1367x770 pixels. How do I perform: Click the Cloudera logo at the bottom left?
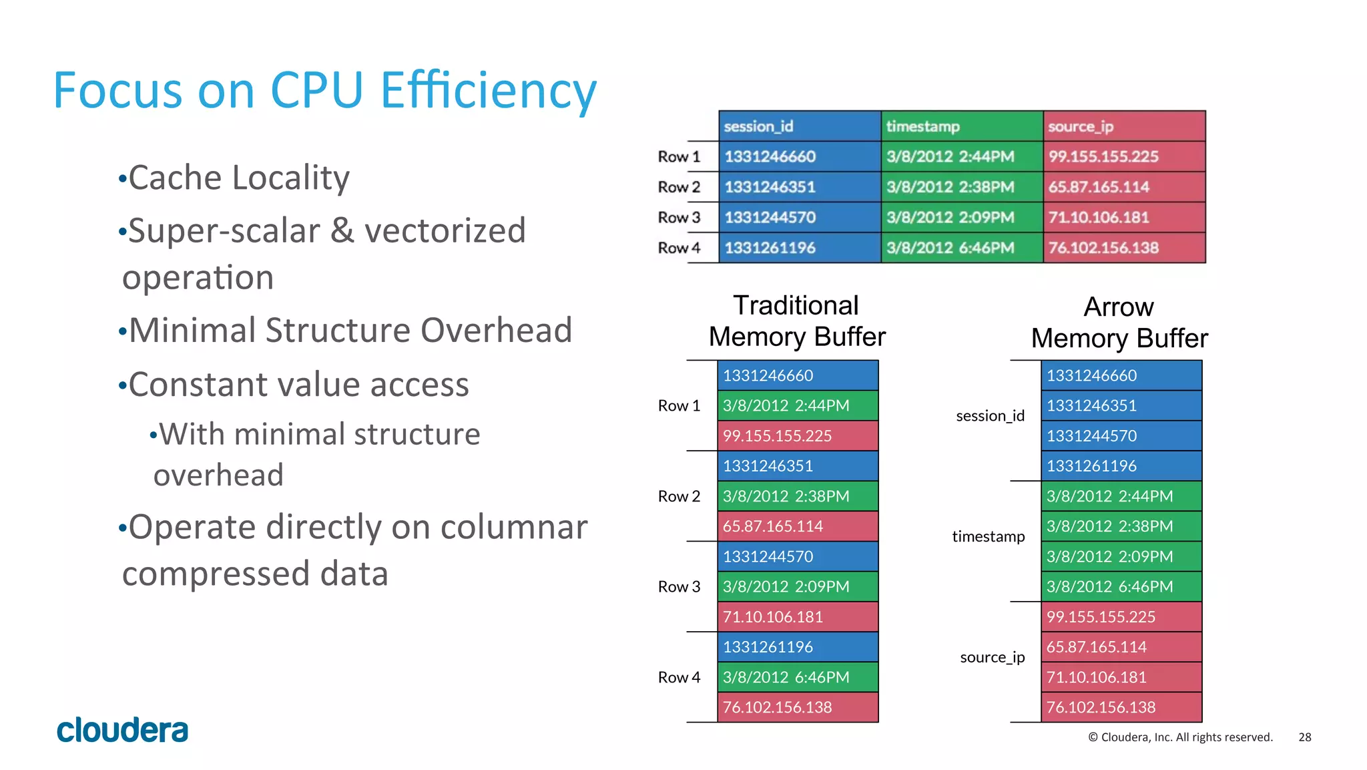(122, 730)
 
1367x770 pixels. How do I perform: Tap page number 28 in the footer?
(1304, 737)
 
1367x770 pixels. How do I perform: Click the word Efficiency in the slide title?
(488, 90)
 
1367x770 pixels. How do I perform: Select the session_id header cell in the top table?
(799, 126)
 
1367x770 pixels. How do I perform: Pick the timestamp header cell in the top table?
(961, 126)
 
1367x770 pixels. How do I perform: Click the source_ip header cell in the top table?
(1124, 126)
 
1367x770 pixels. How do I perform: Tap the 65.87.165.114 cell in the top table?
(1124, 187)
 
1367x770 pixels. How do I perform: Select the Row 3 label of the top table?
(679, 218)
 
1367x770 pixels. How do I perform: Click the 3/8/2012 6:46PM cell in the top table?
(961, 248)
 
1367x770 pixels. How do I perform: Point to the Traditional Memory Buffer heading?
(797, 321)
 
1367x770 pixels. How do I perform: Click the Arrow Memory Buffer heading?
(1119, 323)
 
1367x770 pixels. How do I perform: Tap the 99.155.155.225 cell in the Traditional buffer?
(798, 436)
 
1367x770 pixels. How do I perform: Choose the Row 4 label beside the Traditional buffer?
(679, 677)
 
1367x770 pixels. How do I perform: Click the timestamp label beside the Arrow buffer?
(988, 537)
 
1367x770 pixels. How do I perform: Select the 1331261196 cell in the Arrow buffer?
(1121, 466)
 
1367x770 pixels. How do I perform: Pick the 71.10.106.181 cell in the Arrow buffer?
(1121, 677)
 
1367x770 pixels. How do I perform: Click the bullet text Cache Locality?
(238, 178)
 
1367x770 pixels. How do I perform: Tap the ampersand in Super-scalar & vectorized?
(342, 231)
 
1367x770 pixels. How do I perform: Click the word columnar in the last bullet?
(513, 528)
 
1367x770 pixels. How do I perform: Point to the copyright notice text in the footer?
(1180, 737)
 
